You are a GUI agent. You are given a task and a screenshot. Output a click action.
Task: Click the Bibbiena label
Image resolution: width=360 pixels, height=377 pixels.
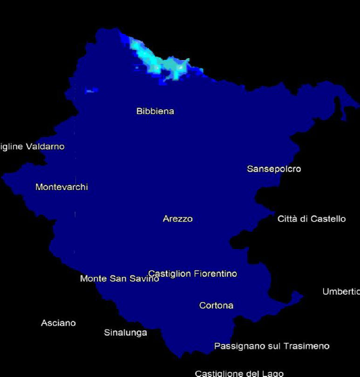pyautogui.click(x=155, y=111)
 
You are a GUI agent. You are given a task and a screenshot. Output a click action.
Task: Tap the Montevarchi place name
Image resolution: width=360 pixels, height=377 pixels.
pyautogui.click(x=61, y=187)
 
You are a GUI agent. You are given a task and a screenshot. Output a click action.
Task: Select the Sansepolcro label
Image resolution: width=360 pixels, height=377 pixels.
pyautogui.click(x=274, y=168)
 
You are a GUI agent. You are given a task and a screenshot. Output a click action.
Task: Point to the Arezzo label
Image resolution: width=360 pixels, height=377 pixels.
pyautogui.click(x=177, y=219)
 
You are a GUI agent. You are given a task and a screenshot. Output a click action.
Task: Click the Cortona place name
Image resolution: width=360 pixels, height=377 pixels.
pyautogui.click(x=216, y=306)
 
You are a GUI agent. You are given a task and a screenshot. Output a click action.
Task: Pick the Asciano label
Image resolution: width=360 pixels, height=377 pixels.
pyautogui.click(x=58, y=323)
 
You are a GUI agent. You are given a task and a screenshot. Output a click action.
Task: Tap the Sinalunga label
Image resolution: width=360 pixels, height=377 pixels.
pyautogui.click(x=125, y=333)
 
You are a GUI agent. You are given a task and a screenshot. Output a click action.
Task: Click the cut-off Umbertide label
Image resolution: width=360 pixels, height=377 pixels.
pyautogui.click(x=341, y=292)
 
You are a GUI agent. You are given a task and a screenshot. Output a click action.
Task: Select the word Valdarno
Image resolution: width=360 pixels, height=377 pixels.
pyautogui.click(x=45, y=147)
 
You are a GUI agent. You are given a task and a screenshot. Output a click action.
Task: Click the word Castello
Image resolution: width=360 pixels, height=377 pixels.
pyautogui.click(x=328, y=219)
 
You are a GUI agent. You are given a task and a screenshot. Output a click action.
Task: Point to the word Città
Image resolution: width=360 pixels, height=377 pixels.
pyautogui.click(x=289, y=219)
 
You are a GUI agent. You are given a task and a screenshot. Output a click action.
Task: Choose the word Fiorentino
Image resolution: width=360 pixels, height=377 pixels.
pyautogui.click(x=215, y=274)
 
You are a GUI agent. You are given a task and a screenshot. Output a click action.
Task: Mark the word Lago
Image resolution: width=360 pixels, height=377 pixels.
pyautogui.click(x=273, y=373)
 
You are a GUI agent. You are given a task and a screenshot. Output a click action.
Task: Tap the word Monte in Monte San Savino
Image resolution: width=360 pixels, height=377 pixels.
pyautogui.click(x=92, y=279)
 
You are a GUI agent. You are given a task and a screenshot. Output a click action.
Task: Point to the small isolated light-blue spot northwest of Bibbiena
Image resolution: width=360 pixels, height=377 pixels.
pyautogui.click(x=91, y=90)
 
